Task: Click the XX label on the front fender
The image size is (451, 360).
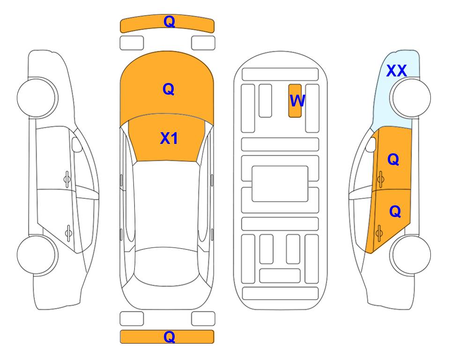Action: click(396, 71)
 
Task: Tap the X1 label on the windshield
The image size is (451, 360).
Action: click(169, 138)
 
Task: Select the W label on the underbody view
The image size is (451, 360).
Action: click(297, 101)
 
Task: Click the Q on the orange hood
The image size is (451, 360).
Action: click(169, 89)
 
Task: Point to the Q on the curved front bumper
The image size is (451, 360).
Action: click(170, 22)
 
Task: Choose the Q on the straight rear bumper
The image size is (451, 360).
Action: click(170, 337)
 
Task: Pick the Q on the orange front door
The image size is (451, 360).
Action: click(393, 159)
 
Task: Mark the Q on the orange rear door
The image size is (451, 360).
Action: click(395, 211)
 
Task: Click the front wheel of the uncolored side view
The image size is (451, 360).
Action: click(37, 97)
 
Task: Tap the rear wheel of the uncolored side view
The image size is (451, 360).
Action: click(37, 255)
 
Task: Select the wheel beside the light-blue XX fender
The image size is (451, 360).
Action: click(410, 97)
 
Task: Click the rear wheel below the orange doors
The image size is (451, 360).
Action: click(410, 255)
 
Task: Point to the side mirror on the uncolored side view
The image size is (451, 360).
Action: click(77, 144)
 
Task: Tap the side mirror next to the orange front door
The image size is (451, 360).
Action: click(371, 144)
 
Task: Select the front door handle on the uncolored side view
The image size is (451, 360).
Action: click(67, 180)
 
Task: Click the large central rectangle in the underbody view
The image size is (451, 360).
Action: click(280, 184)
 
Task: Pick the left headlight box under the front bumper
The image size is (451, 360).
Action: click(132, 43)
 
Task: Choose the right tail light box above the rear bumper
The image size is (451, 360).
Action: click(203, 319)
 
